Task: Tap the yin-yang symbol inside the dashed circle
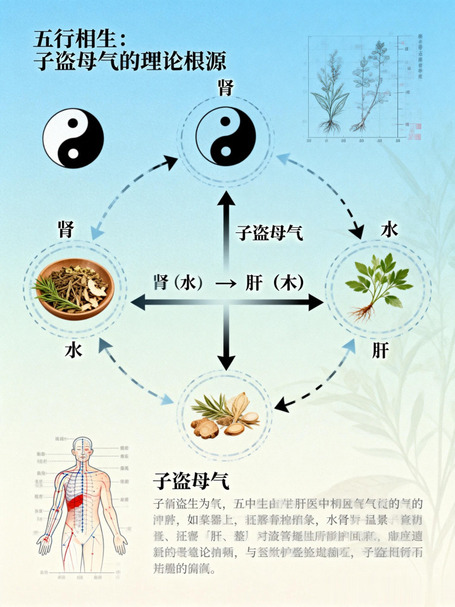(226, 135)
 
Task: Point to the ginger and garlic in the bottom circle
(226, 415)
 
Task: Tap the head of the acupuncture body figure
(82, 448)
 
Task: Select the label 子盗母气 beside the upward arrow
(269, 233)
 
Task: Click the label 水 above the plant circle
(389, 230)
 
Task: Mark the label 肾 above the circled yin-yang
(226, 88)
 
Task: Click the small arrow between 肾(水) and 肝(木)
(225, 283)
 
